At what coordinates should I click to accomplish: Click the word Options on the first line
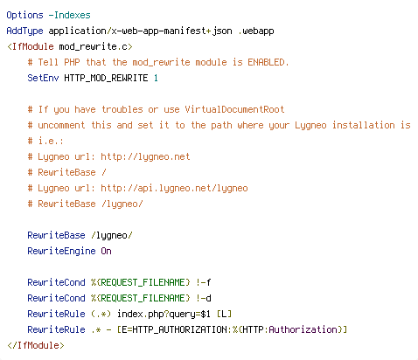point(24,15)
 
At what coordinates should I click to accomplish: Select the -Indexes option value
point(70,15)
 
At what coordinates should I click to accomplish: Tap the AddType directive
point(24,31)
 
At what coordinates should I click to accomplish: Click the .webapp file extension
point(256,31)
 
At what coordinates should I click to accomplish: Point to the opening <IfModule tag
point(31,46)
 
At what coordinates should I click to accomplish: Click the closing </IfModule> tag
point(36,345)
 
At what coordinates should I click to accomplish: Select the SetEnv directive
point(43,78)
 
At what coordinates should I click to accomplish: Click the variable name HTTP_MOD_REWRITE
point(106,78)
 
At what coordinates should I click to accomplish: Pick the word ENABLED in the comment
point(266,62)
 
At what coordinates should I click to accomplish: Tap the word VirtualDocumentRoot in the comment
point(234,109)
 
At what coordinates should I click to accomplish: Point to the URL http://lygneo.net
point(145,156)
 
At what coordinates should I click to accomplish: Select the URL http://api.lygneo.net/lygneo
point(174,188)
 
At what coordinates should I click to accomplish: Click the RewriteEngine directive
point(61,251)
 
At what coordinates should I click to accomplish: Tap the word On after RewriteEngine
point(106,251)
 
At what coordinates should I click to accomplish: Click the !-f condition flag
point(203,282)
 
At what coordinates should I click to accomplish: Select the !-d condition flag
point(203,298)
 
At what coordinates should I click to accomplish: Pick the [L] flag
point(224,314)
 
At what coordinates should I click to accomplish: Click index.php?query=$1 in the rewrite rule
point(164,314)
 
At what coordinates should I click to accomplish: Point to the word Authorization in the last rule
point(303,329)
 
